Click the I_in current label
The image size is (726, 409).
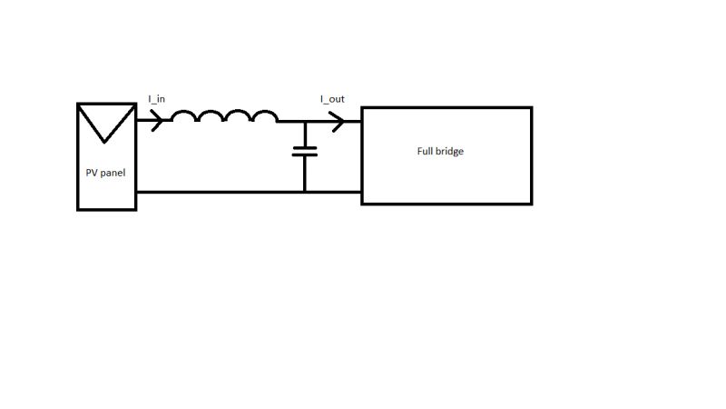coord(157,98)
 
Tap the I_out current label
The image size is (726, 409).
coord(332,98)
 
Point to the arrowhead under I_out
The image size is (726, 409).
coord(338,121)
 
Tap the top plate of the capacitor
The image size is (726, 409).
coord(305,146)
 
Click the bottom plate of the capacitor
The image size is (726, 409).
coord(305,155)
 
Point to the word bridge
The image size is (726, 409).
coord(451,151)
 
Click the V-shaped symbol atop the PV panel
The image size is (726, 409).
coord(107,123)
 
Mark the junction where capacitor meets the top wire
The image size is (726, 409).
coord(305,121)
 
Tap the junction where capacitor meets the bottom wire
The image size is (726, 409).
coord(305,192)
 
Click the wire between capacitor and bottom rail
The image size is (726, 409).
coord(305,174)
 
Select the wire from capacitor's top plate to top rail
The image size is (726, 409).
coord(305,134)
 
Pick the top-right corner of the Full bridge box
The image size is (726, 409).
coord(531,108)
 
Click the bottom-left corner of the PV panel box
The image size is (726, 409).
coord(79,209)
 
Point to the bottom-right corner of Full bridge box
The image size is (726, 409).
coord(531,204)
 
